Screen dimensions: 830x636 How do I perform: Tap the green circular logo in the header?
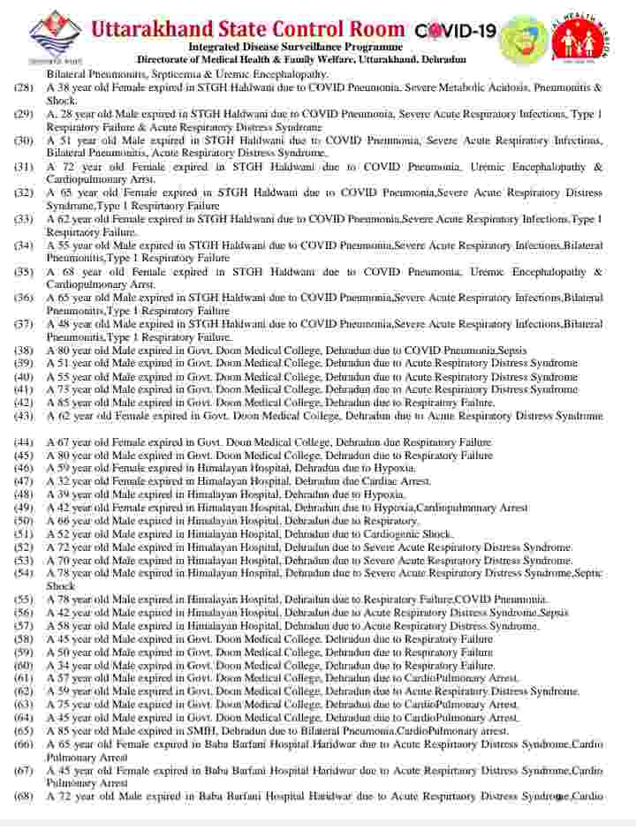524,38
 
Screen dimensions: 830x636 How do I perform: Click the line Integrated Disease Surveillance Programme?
296,47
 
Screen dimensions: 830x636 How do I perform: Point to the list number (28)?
24,88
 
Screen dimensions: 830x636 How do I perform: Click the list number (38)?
24,351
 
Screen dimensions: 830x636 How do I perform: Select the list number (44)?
24,442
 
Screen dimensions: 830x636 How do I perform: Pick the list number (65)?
24,731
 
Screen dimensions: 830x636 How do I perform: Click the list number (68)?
24,796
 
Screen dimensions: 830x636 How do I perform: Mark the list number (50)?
24,521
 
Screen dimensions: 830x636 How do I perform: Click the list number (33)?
24,219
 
